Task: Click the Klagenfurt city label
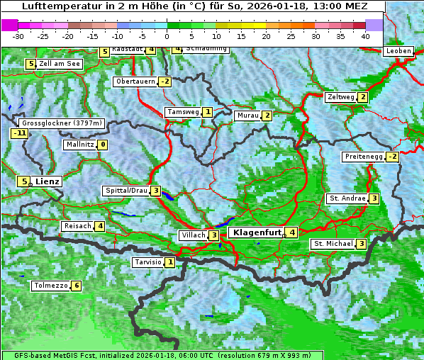[255, 232]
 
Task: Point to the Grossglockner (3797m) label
[62, 123]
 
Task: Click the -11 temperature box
[19, 133]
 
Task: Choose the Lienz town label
[48, 181]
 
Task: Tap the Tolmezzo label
[50, 286]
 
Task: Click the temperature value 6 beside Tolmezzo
[76, 286]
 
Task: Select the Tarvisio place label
[147, 263]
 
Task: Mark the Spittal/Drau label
[126, 191]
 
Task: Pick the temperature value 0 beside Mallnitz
[103, 145]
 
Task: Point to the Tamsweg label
[183, 112]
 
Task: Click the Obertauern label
[135, 81]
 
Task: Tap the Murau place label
[247, 116]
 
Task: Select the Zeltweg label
[340, 97]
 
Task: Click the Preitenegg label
[364, 157]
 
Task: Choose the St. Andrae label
[347, 198]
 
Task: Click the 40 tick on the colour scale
[365, 35]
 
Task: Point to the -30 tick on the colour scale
[18, 35]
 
